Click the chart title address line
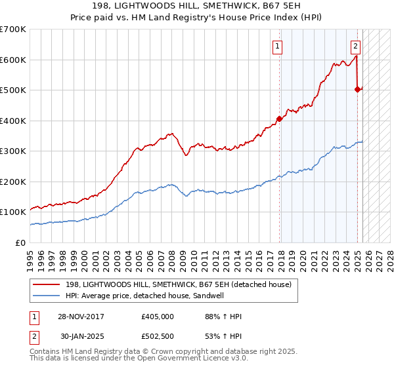[196, 7]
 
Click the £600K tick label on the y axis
[13, 60]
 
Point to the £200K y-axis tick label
[13, 182]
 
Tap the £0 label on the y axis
[21, 242]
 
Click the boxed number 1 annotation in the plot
[278, 46]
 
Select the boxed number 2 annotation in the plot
[355, 46]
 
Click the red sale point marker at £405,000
[279, 119]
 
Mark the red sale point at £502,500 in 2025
[358, 90]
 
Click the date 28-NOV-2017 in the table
[81, 317]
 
